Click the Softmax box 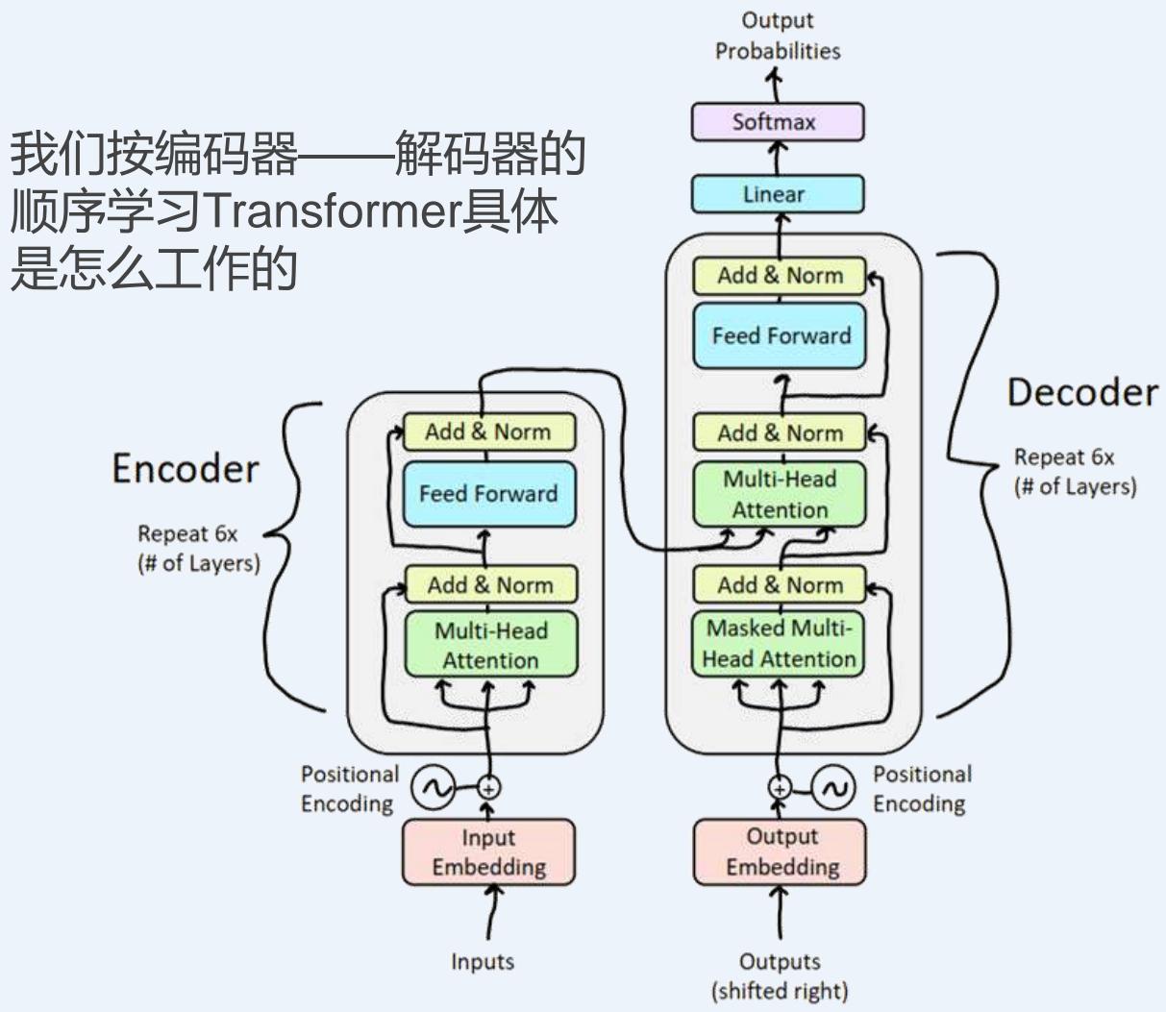pyautogui.click(x=778, y=123)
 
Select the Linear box pyautogui.click(x=778, y=194)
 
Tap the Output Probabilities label pyautogui.click(x=778, y=36)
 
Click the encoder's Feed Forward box pyautogui.click(x=489, y=494)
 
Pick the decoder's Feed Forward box pyautogui.click(x=780, y=335)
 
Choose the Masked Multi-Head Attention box pyautogui.click(x=779, y=643)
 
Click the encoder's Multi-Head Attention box pyautogui.click(x=490, y=645)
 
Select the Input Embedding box pyautogui.click(x=488, y=852)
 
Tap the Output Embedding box pyautogui.click(x=780, y=852)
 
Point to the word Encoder pyautogui.click(x=186, y=469)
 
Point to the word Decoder pyautogui.click(x=1082, y=392)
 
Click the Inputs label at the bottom pyautogui.click(x=483, y=961)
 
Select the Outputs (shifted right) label pyautogui.click(x=780, y=975)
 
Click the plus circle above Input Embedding pyautogui.click(x=489, y=788)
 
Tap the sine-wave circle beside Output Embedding pyautogui.click(x=832, y=788)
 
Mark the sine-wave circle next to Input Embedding pyautogui.click(x=433, y=788)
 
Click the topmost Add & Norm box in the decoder pyautogui.click(x=780, y=276)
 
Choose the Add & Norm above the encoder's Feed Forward pyautogui.click(x=489, y=432)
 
